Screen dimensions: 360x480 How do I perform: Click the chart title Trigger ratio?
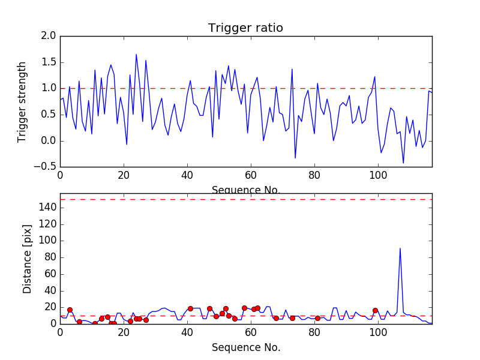[x=245, y=28]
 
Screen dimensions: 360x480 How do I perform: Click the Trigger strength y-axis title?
[x=22, y=101]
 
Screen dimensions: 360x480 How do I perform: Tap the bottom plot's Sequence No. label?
[x=245, y=347]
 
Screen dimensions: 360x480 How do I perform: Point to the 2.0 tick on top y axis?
[x=49, y=36]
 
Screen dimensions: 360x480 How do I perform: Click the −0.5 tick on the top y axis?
[x=46, y=167]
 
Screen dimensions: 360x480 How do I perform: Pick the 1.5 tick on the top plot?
[x=49, y=62]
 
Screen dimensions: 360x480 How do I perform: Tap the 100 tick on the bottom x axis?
[x=378, y=332]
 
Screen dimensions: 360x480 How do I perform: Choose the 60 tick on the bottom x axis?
[x=251, y=332]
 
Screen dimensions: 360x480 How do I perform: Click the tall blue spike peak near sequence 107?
[x=400, y=248]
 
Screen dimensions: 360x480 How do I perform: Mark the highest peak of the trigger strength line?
[x=136, y=55]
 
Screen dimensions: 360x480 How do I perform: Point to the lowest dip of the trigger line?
[x=403, y=163]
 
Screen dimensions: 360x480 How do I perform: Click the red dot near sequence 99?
[x=375, y=311]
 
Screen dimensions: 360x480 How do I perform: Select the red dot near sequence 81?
[x=317, y=318]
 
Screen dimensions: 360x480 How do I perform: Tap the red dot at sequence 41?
[x=190, y=308]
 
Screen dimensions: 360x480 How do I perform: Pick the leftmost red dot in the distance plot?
[x=70, y=310]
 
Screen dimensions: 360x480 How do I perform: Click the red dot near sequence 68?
[x=276, y=318]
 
